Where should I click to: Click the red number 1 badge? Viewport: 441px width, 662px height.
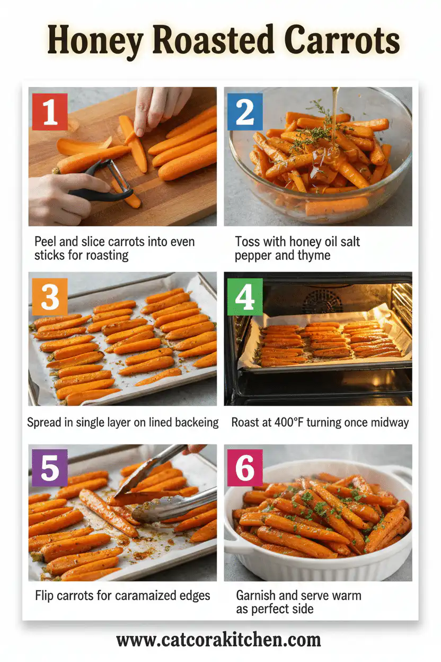pyautogui.click(x=50, y=111)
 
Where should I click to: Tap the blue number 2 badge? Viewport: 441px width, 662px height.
pyautogui.click(x=245, y=111)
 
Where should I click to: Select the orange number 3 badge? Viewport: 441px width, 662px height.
pyautogui.click(x=50, y=297)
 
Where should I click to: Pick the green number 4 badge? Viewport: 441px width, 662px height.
pyautogui.click(x=245, y=297)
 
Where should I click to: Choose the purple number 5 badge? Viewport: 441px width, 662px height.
pyautogui.click(x=50, y=467)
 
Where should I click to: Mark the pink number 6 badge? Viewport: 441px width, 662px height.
pyautogui.click(x=245, y=467)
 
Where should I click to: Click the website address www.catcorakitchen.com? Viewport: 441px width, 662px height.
pyautogui.click(x=218, y=640)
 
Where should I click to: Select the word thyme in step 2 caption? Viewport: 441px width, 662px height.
pyautogui.click(x=312, y=256)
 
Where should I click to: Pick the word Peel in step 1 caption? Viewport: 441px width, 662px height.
pyautogui.click(x=46, y=242)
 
